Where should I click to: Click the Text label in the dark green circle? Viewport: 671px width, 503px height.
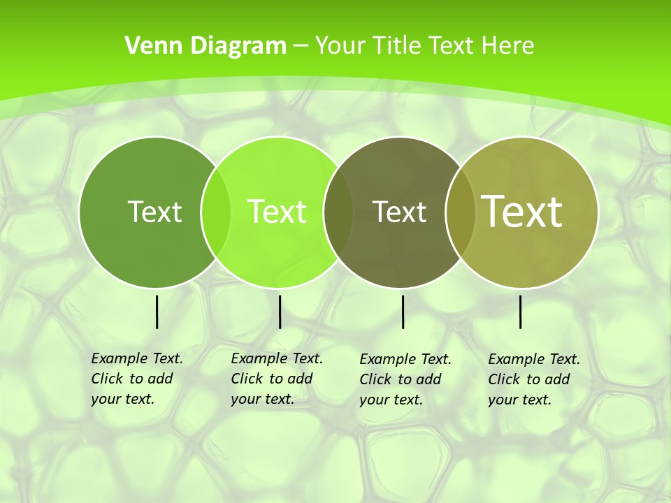[154, 212]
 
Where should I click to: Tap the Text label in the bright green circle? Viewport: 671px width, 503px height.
[277, 212]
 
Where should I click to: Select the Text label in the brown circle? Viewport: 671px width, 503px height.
[399, 212]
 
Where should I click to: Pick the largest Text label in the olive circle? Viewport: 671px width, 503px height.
[521, 211]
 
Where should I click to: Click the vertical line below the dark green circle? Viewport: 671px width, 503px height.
[157, 312]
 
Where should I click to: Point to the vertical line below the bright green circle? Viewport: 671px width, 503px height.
[280, 312]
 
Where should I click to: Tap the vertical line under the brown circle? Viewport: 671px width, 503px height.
[403, 312]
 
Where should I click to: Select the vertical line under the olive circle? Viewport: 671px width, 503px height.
[521, 312]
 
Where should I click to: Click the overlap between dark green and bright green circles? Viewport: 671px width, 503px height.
[216, 212]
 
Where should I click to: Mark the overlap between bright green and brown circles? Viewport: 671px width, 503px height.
[338, 212]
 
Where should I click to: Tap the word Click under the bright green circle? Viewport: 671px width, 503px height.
[246, 379]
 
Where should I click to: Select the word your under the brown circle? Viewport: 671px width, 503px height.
[375, 400]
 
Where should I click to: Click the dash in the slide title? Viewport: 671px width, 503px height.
[301, 45]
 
